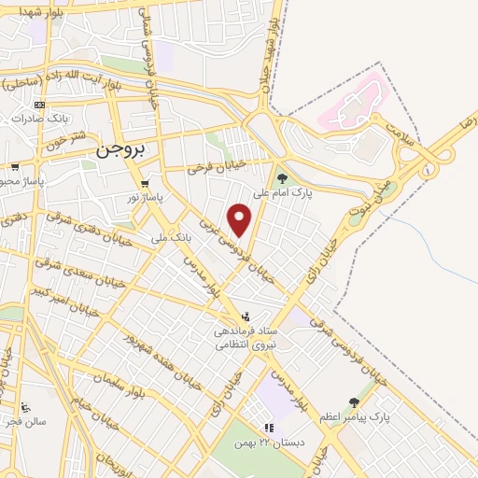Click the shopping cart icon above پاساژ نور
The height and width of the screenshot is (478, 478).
[x=144, y=184]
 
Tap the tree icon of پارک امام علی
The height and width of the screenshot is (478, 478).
[x=281, y=176]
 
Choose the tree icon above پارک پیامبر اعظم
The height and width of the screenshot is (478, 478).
[x=354, y=402]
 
